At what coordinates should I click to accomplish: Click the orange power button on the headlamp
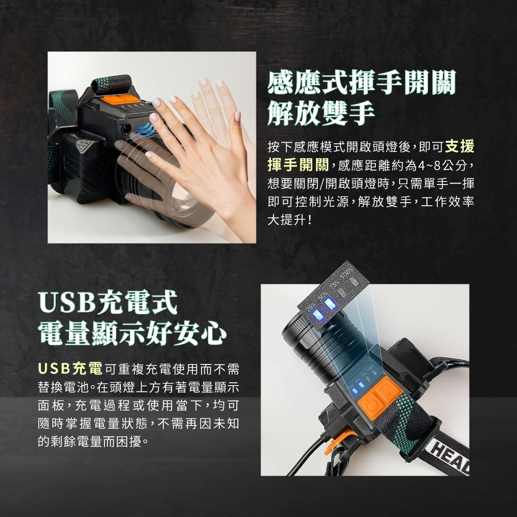[x=372, y=405]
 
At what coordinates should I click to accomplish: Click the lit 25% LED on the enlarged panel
[x=318, y=315]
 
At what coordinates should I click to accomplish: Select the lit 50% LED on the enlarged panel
[x=330, y=303]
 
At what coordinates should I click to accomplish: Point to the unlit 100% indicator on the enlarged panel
[x=353, y=281]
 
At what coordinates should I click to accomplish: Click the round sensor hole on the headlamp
[x=126, y=129]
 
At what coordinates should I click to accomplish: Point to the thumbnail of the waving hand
[x=151, y=147]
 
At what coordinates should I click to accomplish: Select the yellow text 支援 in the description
[x=460, y=146]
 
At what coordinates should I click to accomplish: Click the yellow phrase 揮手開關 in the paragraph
[x=298, y=164]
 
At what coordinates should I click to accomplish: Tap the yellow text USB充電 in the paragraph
[x=70, y=369]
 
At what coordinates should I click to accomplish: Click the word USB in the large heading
[x=67, y=302]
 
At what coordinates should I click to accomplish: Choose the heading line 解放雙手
[x=321, y=113]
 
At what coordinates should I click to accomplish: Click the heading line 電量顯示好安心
[x=132, y=333]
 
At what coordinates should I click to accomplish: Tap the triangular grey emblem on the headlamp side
[x=85, y=146]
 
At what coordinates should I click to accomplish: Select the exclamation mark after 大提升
[x=309, y=220]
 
